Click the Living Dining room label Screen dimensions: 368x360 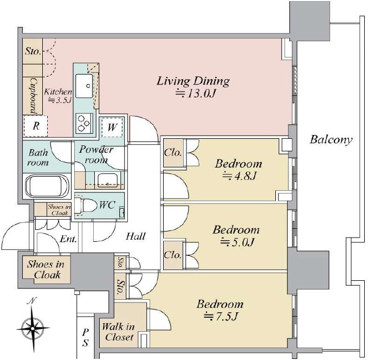[193, 81]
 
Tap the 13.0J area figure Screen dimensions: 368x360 [196, 94]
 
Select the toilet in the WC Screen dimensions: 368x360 [86, 205]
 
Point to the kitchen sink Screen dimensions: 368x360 [84, 86]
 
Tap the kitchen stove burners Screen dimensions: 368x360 [84, 123]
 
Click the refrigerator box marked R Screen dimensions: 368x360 [36, 126]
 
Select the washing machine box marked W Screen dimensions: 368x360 [112, 127]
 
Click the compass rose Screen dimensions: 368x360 [33, 326]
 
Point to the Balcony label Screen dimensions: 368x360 [331, 140]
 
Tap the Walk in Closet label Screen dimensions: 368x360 [118, 332]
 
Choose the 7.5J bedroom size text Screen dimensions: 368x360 [221, 316]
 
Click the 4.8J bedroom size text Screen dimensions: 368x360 [239, 176]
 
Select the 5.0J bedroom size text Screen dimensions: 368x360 [237, 242]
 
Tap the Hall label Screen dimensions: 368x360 [135, 236]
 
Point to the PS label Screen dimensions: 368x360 [86, 338]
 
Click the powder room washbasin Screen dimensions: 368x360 [108, 180]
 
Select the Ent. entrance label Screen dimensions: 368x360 [68, 239]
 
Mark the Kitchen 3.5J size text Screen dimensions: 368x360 [58, 96]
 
